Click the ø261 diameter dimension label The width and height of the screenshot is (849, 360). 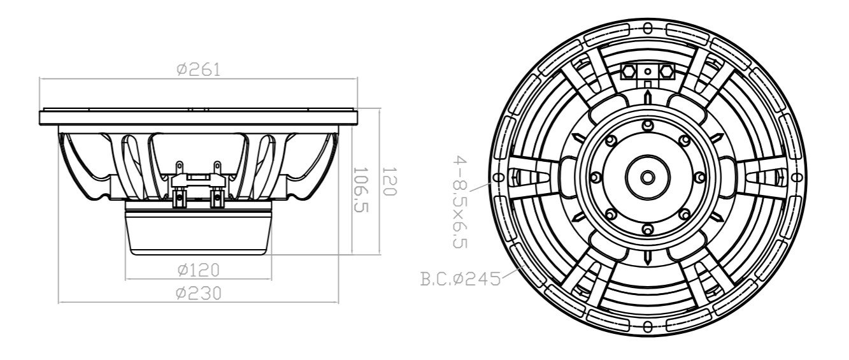click(198, 70)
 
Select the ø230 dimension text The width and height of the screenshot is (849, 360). click(198, 293)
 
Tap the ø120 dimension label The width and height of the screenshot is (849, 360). click(198, 270)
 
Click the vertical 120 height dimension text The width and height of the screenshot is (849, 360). click(389, 182)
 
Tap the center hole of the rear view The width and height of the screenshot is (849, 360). click(647, 176)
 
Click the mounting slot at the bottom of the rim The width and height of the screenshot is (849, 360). click(647, 326)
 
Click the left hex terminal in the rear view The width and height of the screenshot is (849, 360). click(627, 71)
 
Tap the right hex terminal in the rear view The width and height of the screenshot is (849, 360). click(667, 71)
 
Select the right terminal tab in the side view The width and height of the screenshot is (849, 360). click(217, 168)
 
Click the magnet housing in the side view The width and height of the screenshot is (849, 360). click(198, 233)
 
